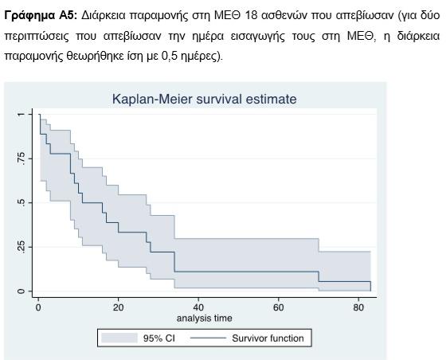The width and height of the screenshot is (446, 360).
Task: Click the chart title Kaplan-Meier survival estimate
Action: pos(204,99)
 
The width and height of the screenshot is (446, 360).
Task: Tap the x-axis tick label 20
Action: pos(118,307)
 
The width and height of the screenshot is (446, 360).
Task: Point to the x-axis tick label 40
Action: pos(198,307)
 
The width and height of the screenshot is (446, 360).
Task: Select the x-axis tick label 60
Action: pos(279,307)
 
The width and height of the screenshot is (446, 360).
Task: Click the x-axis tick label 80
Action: pos(358,307)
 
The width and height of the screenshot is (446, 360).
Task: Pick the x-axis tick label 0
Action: pos(38,307)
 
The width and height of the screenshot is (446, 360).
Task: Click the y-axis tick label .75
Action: pos(21,158)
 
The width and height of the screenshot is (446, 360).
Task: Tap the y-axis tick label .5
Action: pos(21,202)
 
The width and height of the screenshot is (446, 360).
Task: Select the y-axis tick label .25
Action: pos(21,247)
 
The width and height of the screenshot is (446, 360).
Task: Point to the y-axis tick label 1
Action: pos(21,115)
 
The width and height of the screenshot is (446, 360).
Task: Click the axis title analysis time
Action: pos(204,318)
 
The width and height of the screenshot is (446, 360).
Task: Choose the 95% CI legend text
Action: pos(159,338)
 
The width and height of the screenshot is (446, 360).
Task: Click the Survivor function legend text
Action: pos(268,338)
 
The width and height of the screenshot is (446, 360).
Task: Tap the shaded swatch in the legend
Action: pos(119,338)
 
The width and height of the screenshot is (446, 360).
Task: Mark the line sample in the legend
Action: pos(208,338)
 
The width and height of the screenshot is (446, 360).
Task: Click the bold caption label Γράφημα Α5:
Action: pos(41,15)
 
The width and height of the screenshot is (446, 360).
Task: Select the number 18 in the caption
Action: pos(250,15)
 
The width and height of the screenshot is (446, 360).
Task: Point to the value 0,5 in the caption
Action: pos(169,57)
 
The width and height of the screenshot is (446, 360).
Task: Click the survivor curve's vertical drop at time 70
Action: pos(319,276)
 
